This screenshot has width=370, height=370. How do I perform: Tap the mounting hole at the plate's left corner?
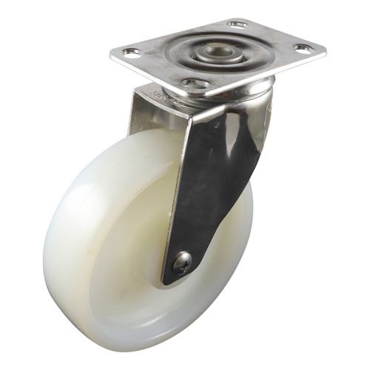click(132, 53)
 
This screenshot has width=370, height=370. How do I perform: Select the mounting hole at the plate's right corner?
click(303, 49)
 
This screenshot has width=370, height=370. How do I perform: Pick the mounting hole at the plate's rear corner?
click(238, 24)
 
